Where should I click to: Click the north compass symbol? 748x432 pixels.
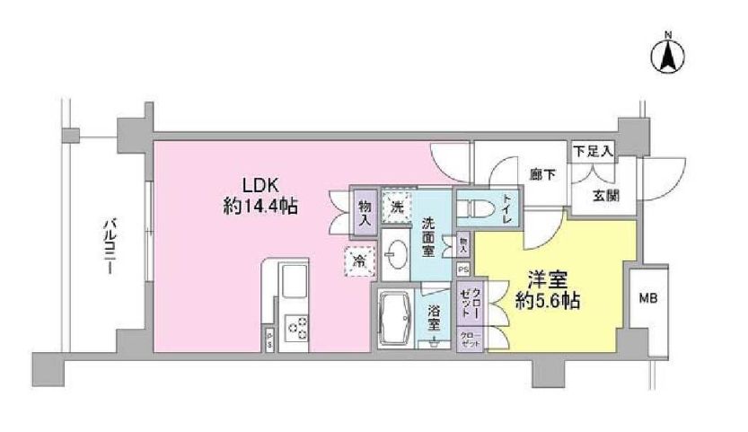668,55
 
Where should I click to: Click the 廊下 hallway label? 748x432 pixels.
543,174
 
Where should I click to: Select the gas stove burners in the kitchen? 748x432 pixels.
295,330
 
